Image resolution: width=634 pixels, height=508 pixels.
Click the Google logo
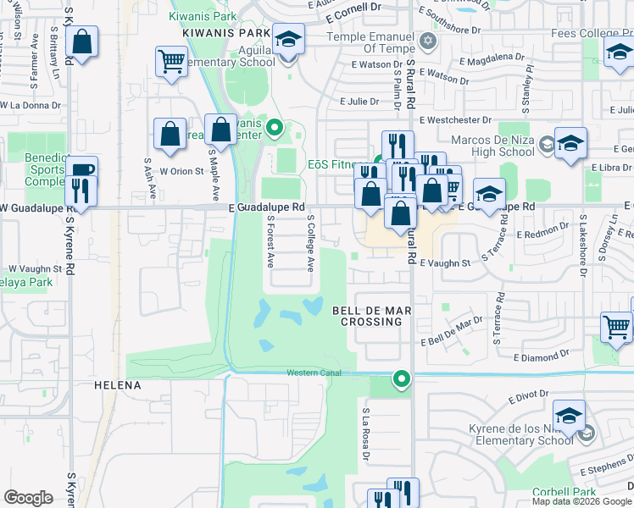tap(28, 498)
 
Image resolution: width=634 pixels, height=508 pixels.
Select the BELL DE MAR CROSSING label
tap(370, 316)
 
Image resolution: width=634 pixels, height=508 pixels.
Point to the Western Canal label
tap(314, 373)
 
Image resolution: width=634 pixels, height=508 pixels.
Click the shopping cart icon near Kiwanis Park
tap(171, 62)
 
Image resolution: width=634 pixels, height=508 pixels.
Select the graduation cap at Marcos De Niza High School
tap(570, 141)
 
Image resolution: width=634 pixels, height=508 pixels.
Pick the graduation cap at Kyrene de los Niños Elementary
tap(569, 415)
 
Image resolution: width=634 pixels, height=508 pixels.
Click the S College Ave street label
tap(311, 242)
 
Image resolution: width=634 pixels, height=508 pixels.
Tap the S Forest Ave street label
tap(270, 242)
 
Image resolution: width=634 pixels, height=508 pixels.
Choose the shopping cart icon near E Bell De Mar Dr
tap(616, 326)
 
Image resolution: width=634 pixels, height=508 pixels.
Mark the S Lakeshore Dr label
tap(582, 246)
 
